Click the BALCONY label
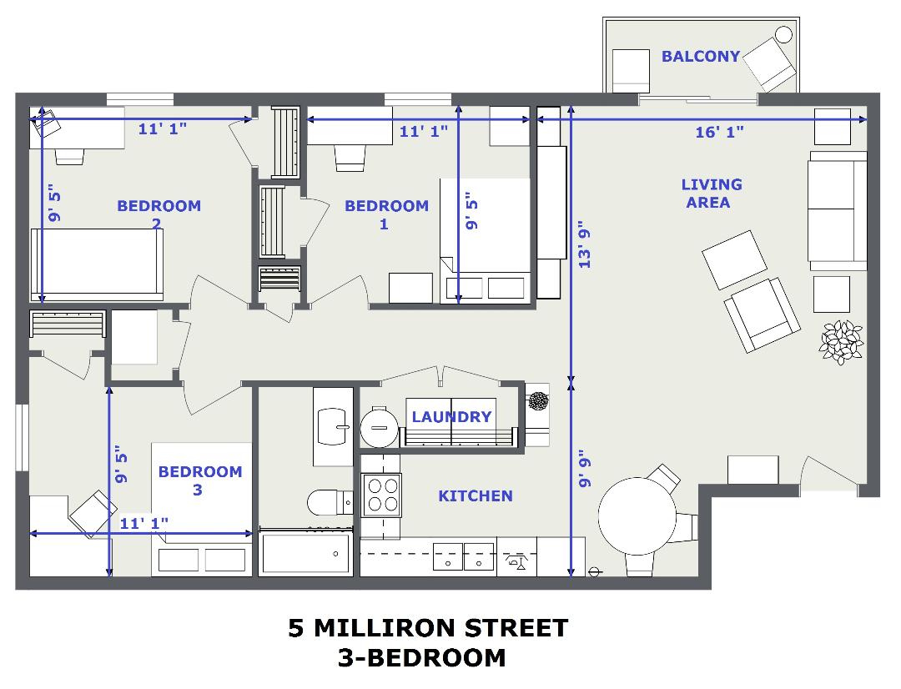(701, 57)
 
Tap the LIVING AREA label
(711, 193)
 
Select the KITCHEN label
(476, 496)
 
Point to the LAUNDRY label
(451, 416)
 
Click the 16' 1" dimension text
(719, 132)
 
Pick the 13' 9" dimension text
(584, 244)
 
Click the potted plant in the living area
(841, 343)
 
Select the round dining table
(637, 516)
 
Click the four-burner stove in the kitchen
(381, 495)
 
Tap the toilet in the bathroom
(330, 503)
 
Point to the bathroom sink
(333, 426)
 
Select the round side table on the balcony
(783, 35)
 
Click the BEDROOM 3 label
(200, 480)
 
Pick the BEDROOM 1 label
(386, 214)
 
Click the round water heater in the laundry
(379, 427)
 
